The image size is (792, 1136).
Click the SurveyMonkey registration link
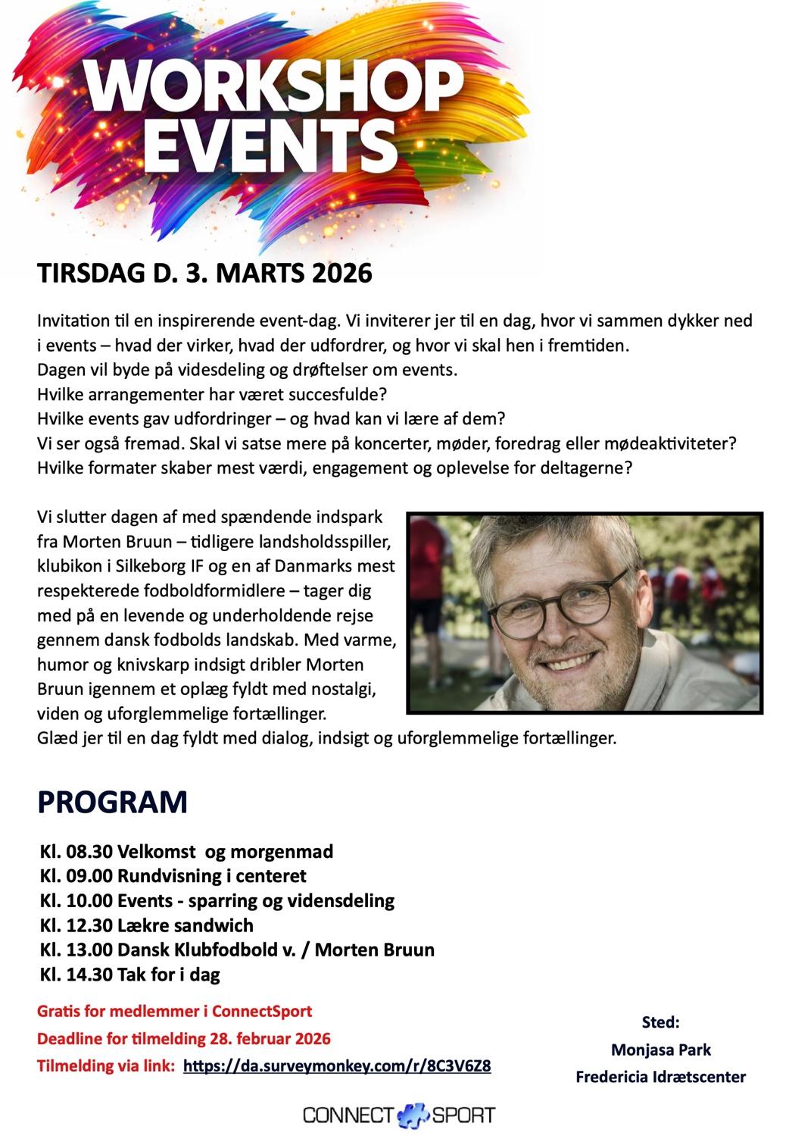click(337, 1066)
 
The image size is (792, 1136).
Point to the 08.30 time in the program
click(89, 852)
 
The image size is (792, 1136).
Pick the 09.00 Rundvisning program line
click(173, 876)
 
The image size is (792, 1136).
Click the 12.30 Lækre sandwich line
click(147, 925)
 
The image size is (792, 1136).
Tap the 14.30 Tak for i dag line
click(130, 975)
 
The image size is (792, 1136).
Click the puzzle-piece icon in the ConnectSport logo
click(414, 1115)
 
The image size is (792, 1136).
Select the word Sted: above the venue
click(660, 1022)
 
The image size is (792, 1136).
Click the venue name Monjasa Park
click(660, 1050)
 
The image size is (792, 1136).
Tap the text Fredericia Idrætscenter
click(660, 1077)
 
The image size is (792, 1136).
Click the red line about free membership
click(175, 1011)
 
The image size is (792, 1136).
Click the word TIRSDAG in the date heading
click(90, 273)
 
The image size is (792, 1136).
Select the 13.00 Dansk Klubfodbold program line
click(237, 950)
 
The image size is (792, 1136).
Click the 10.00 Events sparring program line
click(217, 900)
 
